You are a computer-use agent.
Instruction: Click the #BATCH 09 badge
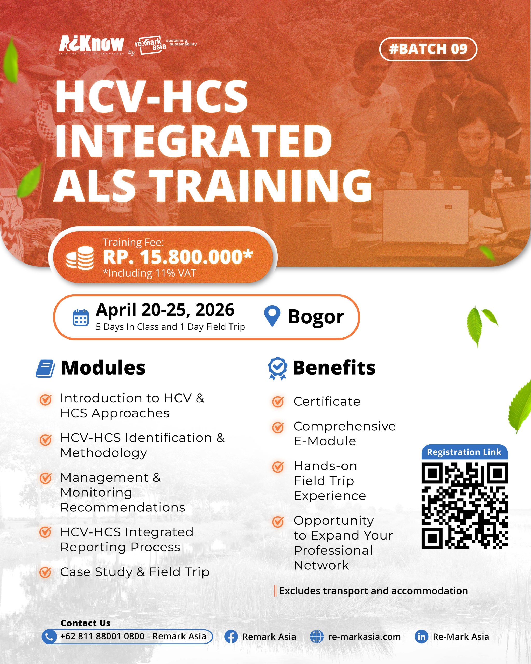[428, 49]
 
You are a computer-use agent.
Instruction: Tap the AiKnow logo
[92, 45]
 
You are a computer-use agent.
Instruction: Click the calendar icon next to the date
[81, 317]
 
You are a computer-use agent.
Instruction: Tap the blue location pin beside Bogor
[272, 316]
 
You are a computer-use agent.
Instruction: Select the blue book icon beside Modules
[45, 368]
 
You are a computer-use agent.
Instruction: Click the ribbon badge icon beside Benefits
[278, 369]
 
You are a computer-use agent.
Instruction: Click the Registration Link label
[464, 452]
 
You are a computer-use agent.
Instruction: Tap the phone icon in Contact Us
[49, 637]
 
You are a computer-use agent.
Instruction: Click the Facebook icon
[231, 637]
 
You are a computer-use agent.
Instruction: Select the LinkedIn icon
[421, 637]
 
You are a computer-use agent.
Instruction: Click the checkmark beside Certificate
[278, 401]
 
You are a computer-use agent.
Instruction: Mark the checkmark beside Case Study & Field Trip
[46, 572]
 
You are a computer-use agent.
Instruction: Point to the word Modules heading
[103, 368]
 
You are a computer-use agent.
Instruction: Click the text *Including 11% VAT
[150, 273]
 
